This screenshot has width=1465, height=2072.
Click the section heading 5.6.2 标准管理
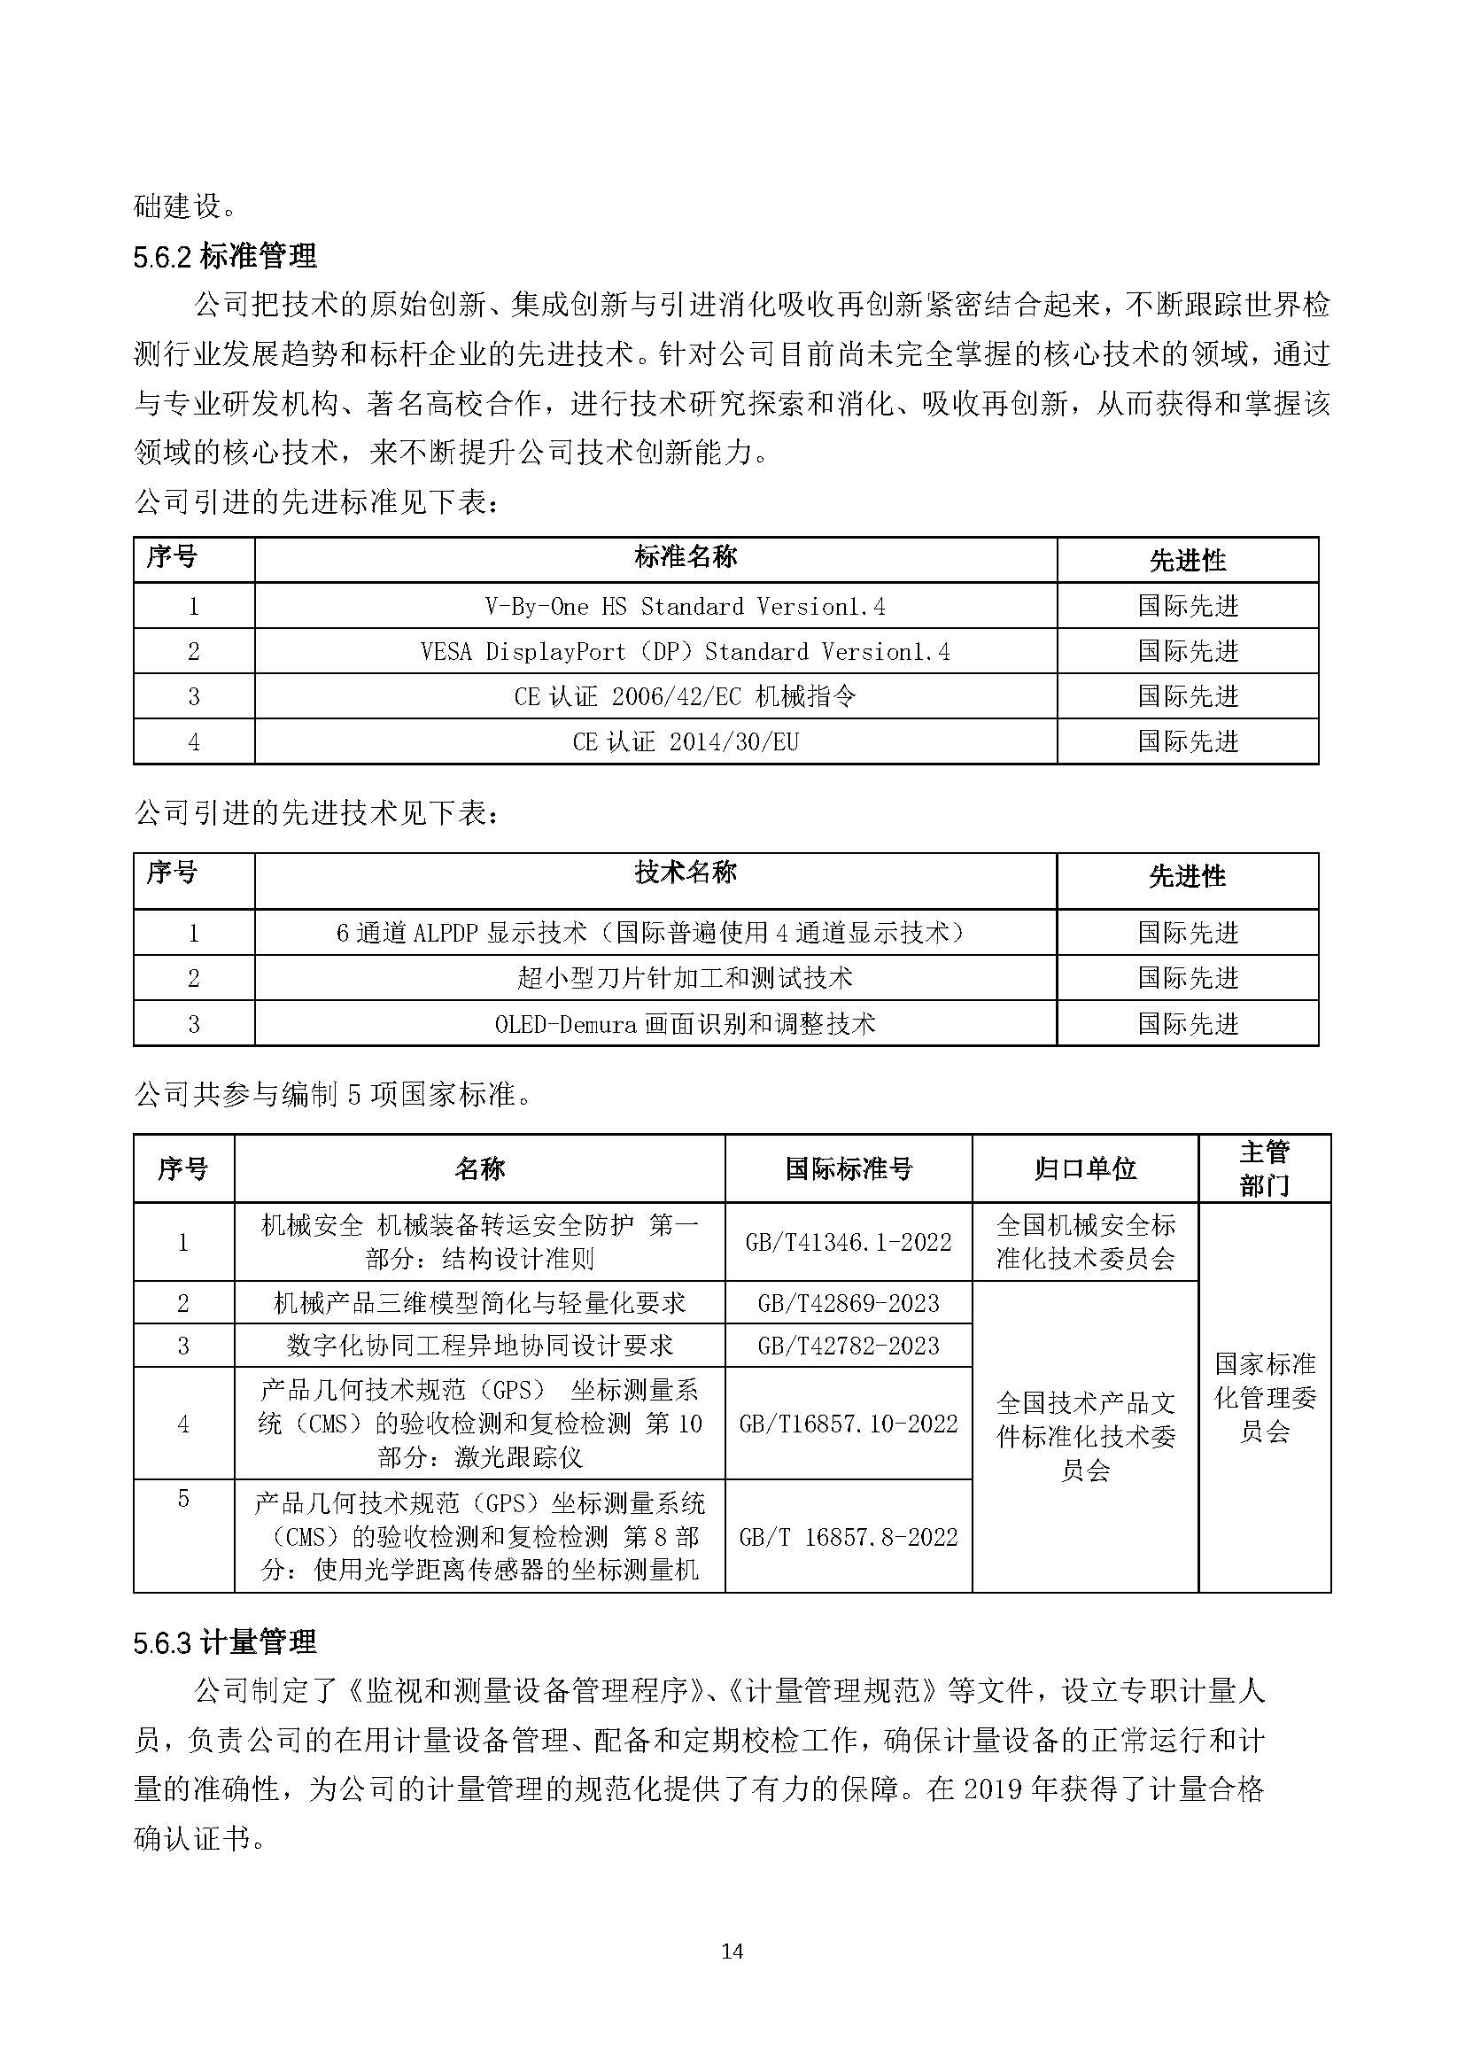[x=225, y=256]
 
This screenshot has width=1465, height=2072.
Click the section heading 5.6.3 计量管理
[x=225, y=1641]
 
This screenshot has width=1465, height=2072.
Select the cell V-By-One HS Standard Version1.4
[x=685, y=607]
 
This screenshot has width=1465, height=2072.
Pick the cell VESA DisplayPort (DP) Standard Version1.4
[x=685, y=652]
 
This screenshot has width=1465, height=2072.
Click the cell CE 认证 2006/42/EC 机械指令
[x=685, y=696]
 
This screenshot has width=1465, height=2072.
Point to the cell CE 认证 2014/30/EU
[x=685, y=741]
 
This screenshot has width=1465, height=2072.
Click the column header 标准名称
[x=685, y=558]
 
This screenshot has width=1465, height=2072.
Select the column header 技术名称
[x=685, y=873]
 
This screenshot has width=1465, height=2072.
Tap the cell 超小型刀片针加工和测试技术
[x=685, y=977]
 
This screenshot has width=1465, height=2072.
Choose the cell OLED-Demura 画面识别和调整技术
[x=685, y=1023]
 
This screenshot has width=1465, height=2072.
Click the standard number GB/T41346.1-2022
[x=848, y=1242]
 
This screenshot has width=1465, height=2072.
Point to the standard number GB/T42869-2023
[x=848, y=1302]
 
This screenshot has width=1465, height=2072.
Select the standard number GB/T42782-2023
[x=848, y=1346]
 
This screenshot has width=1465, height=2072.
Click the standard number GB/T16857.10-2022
[x=848, y=1424]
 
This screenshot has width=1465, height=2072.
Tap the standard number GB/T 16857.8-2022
[x=848, y=1537]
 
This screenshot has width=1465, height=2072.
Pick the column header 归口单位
[x=1084, y=1169]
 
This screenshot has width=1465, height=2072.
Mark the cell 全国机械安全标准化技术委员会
[x=1084, y=1242]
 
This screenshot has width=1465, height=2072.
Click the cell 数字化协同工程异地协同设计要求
[x=479, y=1346]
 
